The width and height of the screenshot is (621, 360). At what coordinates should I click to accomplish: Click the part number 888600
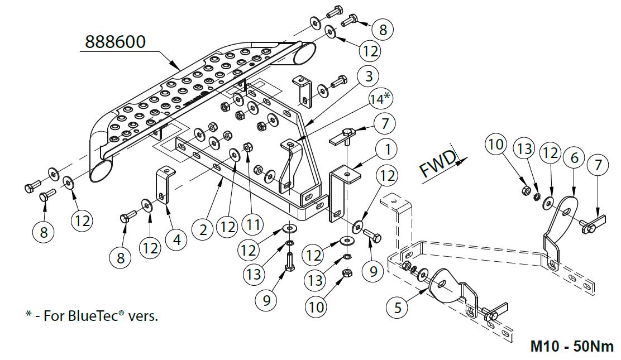[x=115, y=41]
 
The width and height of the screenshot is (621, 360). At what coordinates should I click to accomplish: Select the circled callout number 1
[x=386, y=150]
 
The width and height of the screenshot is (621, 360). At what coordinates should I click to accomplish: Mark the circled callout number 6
[x=574, y=158]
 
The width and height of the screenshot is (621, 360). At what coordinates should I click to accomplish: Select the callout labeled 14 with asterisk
[x=379, y=99]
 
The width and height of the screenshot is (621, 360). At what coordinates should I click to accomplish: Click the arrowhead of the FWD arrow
[x=463, y=160]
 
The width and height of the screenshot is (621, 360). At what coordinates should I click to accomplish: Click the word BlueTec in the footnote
[x=95, y=316]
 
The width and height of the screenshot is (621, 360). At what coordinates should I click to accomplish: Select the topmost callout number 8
[x=383, y=28]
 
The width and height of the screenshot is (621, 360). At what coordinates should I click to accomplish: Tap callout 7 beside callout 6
[x=599, y=165]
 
